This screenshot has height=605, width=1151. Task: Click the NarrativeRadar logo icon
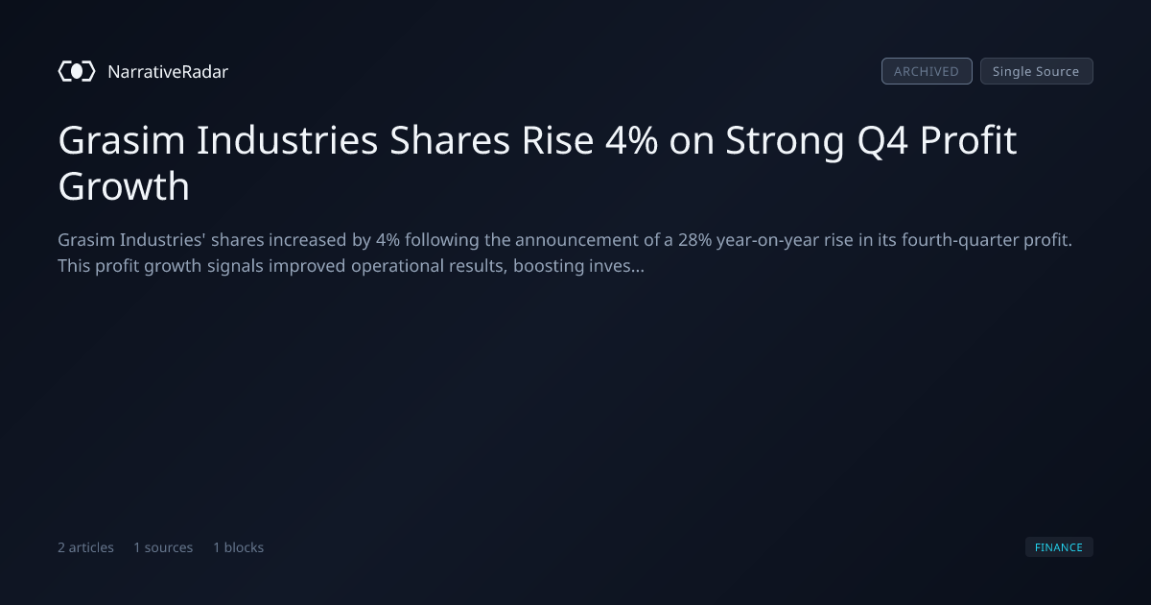(x=77, y=71)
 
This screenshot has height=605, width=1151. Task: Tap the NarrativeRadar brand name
(x=168, y=71)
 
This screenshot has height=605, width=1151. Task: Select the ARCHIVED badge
(x=927, y=71)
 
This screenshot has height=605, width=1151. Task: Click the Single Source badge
(x=1037, y=71)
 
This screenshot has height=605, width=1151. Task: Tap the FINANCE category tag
(x=1059, y=547)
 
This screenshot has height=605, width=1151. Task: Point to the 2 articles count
(x=85, y=547)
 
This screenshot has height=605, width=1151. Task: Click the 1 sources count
(x=163, y=547)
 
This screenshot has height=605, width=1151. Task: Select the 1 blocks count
(x=239, y=547)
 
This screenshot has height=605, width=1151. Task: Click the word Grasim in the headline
(x=122, y=140)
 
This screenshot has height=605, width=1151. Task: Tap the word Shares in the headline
(x=450, y=140)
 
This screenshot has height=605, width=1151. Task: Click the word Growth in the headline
(x=124, y=185)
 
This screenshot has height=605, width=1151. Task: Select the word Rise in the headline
(x=557, y=140)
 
